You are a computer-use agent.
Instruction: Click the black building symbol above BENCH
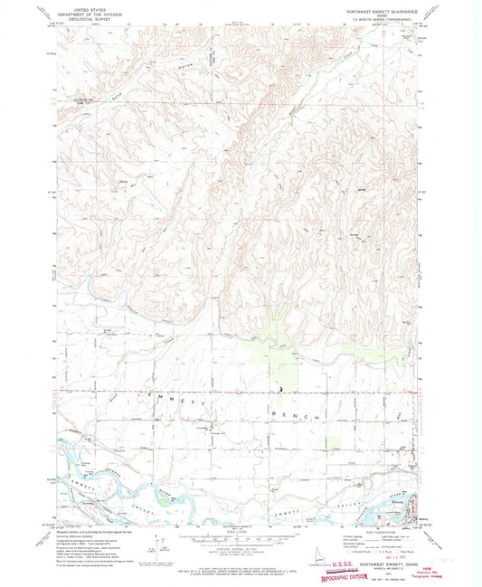(x=280, y=391)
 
